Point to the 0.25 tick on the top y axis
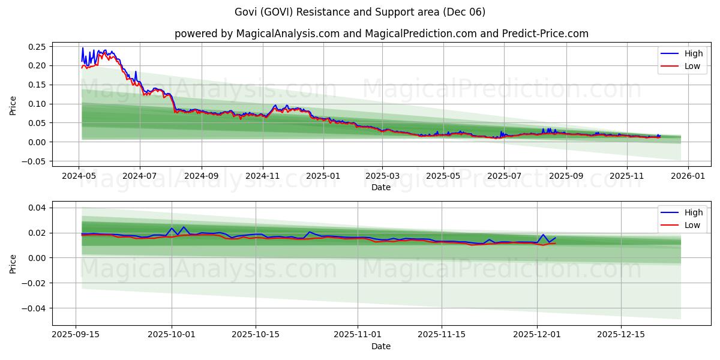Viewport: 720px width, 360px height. point(37,47)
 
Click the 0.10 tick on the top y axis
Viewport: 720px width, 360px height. point(37,104)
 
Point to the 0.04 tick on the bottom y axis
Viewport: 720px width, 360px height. point(37,208)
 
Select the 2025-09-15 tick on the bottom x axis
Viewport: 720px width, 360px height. point(76,334)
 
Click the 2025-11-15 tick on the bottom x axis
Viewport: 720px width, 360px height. point(442,334)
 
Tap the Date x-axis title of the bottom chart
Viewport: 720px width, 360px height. point(381,346)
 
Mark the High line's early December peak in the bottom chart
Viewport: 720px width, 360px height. point(543,235)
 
